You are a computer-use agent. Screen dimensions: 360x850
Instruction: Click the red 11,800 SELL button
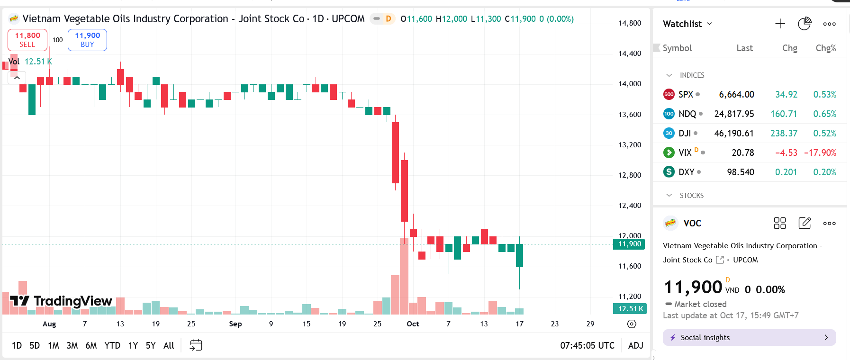27,40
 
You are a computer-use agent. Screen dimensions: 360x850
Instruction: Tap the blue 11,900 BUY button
87,40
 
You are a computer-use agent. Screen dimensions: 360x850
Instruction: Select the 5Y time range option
151,345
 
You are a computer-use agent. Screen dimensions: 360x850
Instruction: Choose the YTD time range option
112,345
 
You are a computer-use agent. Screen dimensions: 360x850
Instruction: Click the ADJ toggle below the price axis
635,345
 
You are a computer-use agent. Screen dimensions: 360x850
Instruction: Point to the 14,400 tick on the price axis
630,54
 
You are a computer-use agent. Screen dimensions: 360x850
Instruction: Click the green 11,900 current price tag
629,244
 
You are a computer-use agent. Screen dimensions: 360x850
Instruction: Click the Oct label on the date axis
413,324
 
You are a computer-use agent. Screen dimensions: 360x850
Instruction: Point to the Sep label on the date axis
235,324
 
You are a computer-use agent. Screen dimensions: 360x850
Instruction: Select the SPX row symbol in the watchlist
686,94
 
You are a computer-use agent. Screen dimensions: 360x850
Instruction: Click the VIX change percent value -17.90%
820,153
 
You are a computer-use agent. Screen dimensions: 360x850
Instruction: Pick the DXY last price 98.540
740,172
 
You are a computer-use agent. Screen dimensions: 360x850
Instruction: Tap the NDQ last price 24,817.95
734,114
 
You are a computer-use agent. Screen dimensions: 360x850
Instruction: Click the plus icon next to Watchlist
780,24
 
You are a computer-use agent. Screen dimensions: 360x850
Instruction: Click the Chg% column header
825,48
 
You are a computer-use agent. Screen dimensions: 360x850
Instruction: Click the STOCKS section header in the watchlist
691,195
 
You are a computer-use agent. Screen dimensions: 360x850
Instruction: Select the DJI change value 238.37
784,133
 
